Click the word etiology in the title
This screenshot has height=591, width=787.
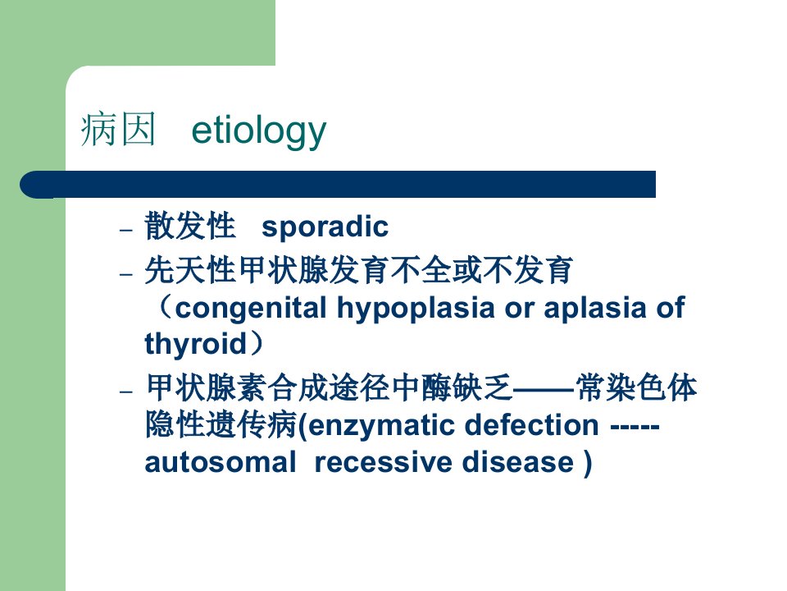pyautogui.click(x=259, y=131)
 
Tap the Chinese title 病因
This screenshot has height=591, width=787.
pyautogui.click(x=118, y=130)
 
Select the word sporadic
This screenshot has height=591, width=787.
pyautogui.click(x=325, y=227)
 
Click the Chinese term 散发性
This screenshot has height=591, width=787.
pyautogui.click(x=189, y=226)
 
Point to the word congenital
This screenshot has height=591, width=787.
pyautogui.click(x=251, y=309)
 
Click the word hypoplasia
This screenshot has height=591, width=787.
pyautogui.click(x=416, y=309)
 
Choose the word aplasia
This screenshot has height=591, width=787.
pyautogui.click(x=595, y=308)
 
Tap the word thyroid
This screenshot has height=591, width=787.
pyautogui.click(x=196, y=344)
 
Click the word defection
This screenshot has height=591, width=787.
pyautogui.click(x=531, y=425)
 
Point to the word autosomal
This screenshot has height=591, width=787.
pyautogui.click(x=221, y=462)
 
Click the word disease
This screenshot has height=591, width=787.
pyautogui.click(x=517, y=462)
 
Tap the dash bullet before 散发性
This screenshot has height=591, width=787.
pyautogui.click(x=126, y=230)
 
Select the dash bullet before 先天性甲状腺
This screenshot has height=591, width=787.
pyautogui.click(x=126, y=274)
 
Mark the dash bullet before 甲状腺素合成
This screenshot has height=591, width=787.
pyautogui.click(x=126, y=391)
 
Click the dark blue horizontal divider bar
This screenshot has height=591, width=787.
pyautogui.click(x=338, y=185)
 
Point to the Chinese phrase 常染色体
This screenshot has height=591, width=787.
pyautogui.click(x=636, y=388)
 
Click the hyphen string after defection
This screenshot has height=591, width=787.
pyautogui.click(x=635, y=427)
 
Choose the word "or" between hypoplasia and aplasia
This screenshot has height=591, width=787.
pyautogui.click(x=520, y=309)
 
